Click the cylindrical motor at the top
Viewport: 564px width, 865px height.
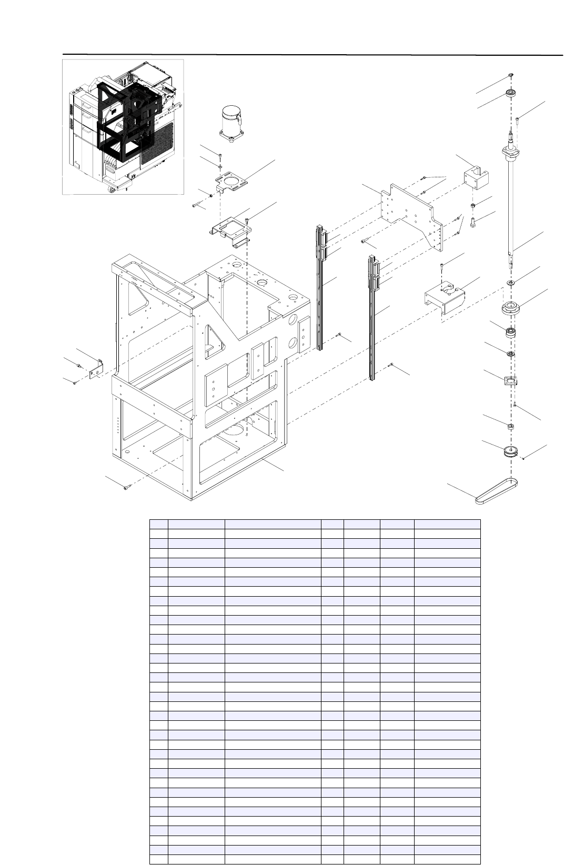coord(231,124)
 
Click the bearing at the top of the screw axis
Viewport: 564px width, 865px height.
coord(510,94)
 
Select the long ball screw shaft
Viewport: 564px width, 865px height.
coord(511,205)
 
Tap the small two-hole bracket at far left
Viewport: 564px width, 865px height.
coord(96,369)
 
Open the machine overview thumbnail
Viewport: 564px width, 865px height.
coord(123,126)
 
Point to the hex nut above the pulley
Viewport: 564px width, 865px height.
coord(510,425)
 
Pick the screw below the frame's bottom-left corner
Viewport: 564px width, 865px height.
coord(126,488)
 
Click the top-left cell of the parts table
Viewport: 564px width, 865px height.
coord(158,524)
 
